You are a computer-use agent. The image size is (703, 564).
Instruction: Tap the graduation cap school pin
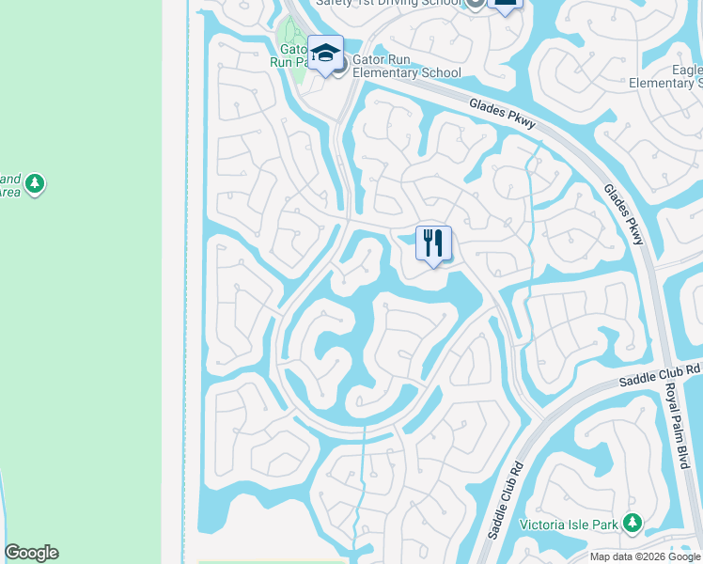325,54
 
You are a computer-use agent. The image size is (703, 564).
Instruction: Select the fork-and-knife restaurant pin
433,243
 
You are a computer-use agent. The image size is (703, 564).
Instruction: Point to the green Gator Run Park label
289,55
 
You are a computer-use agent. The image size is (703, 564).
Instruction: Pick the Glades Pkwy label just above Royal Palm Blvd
624,212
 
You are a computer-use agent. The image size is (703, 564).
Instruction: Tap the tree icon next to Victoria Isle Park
634,522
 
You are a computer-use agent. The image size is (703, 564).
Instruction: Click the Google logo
31,553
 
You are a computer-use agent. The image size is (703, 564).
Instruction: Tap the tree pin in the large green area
35,182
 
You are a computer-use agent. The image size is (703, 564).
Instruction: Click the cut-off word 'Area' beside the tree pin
9,192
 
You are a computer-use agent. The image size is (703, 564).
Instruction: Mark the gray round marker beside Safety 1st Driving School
476,3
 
